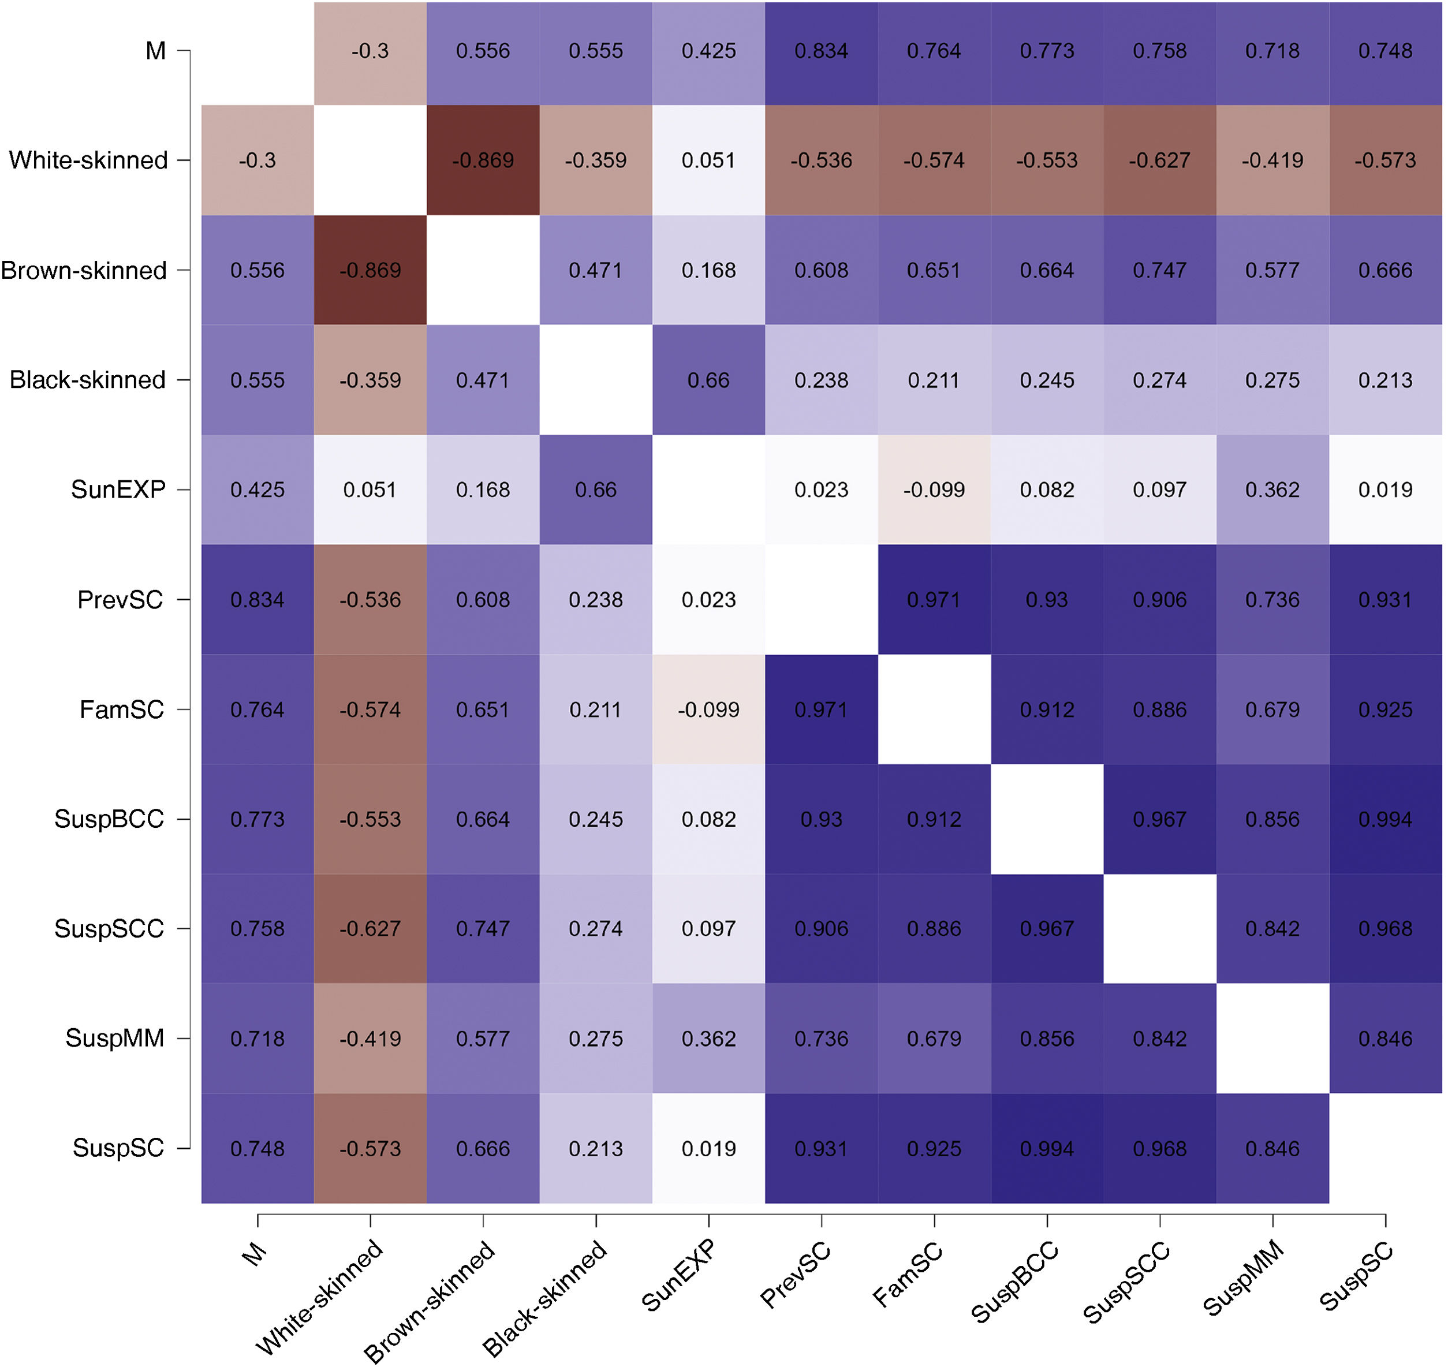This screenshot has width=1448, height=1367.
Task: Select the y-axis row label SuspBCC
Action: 109,819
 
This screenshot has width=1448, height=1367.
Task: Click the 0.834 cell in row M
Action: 822,51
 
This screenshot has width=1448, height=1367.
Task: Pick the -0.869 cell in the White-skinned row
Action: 483,160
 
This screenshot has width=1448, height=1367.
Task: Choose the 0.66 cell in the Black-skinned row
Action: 708,380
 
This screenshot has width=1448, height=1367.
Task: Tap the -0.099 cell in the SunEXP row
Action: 934,490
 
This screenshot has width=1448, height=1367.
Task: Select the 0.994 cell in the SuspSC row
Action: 1047,1149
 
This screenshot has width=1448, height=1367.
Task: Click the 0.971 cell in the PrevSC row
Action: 934,600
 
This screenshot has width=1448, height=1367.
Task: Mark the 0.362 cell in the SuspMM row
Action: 708,1039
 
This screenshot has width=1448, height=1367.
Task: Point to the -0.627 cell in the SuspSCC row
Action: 370,929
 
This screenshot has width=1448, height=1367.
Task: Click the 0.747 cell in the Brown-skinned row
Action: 1159,270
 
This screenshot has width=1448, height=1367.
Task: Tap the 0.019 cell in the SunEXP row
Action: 1385,490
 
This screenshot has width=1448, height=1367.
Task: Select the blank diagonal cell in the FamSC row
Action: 934,709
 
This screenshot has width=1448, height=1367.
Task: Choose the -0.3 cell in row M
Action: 370,51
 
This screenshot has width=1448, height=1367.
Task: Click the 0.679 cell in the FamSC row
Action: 1272,709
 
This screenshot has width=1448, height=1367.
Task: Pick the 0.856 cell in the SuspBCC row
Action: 1272,819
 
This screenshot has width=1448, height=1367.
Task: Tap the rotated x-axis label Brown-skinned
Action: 430,1301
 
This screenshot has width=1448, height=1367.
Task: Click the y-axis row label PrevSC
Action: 120,600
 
